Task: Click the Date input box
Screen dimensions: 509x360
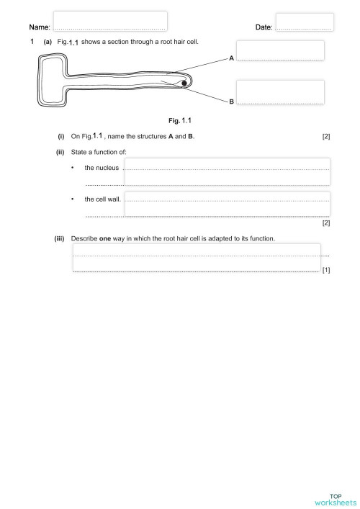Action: pos(304,22)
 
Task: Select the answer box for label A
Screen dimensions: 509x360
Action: pos(279,50)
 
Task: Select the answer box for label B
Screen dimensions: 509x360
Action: pos(279,91)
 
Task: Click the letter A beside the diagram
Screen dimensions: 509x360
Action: pos(231,58)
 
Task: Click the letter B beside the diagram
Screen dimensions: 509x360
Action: pos(231,102)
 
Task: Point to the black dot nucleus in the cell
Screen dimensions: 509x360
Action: pos(184,84)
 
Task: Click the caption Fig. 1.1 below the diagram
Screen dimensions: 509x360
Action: pos(179,120)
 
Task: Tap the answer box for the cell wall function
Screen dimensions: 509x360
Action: pos(227,204)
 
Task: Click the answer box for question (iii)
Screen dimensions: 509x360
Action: pos(196,257)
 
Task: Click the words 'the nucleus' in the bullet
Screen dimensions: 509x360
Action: pos(101,168)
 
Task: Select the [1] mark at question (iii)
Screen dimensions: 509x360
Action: pos(326,271)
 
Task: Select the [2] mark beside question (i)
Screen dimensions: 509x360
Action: pos(326,137)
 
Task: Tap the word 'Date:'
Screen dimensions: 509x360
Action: pos(264,27)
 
